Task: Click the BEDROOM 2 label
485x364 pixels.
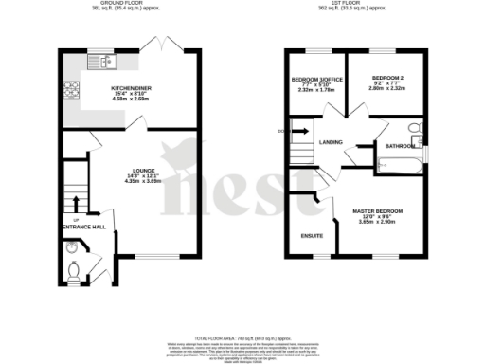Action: click(x=387, y=78)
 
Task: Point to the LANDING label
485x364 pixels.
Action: click(x=331, y=142)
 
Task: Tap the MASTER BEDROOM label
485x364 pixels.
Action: click(x=377, y=209)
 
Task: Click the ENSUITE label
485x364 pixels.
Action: click(x=312, y=235)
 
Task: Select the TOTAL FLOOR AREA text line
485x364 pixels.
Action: click(x=242, y=338)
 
